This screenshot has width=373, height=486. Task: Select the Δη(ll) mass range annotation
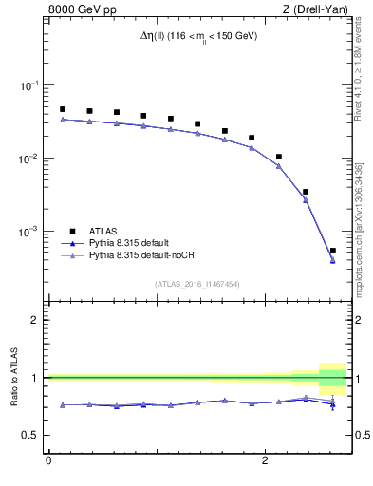pyautogui.click(x=198, y=36)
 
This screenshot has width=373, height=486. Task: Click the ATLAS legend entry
pyautogui.click(x=104, y=231)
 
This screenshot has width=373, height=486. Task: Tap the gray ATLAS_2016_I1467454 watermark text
pyautogui.click(x=197, y=283)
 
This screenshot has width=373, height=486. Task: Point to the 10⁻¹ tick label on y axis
pyautogui.click(x=28, y=85)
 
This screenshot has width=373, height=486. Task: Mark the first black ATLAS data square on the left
pyautogui.click(x=63, y=109)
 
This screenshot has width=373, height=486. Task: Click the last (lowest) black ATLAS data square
pyautogui.click(x=332, y=251)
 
